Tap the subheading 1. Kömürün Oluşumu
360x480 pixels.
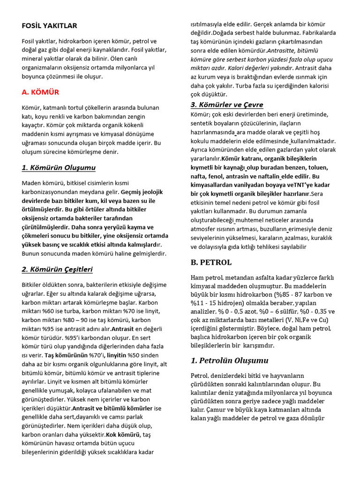[59, 167]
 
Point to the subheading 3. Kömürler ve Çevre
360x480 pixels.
[226, 105]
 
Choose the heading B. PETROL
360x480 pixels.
[211, 262]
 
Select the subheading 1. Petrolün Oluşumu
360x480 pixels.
[229, 360]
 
